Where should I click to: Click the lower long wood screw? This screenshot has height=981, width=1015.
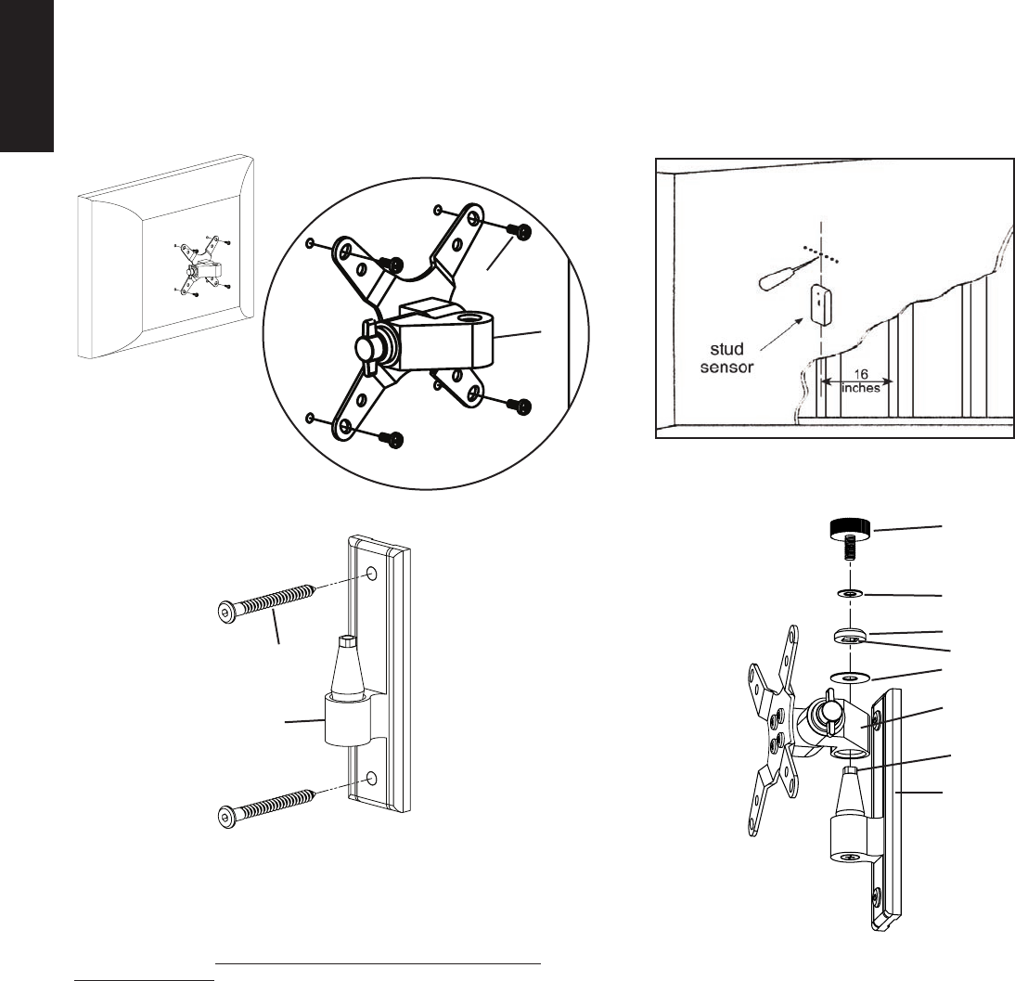click(x=266, y=804)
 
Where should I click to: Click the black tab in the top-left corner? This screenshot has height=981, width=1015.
click(x=27, y=74)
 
